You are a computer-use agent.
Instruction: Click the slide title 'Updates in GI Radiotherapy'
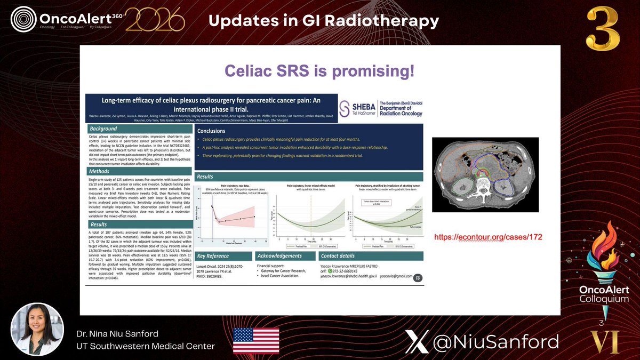pos(323,21)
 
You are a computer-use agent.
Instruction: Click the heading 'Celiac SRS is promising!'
pos(319,71)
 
